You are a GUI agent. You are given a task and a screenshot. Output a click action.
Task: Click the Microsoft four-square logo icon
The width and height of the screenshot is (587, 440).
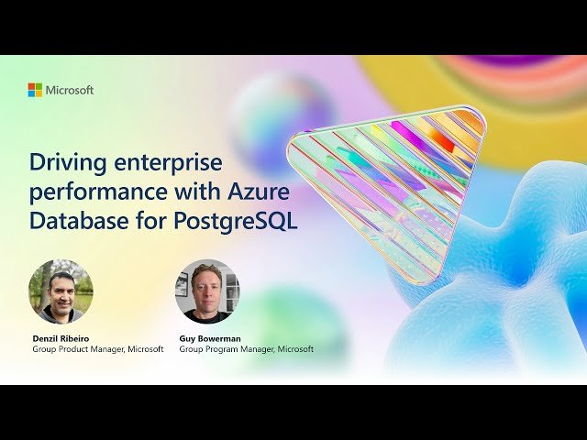tap(35, 90)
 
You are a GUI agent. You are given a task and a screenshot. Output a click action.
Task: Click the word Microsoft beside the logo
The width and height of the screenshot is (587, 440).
tap(70, 90)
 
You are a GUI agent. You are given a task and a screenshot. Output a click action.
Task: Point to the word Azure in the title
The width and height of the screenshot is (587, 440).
tap(260, 193)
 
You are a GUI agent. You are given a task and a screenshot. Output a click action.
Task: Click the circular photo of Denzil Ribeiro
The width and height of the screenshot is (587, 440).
tap(61, 291)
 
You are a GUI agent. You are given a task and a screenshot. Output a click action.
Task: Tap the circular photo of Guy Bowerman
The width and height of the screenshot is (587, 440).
tap(207, 291)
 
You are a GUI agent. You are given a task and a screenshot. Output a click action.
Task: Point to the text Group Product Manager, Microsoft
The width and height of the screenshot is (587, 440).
tap(98, 349)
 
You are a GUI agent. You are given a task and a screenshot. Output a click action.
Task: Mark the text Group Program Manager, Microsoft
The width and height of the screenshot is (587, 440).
tap(246, 349)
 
